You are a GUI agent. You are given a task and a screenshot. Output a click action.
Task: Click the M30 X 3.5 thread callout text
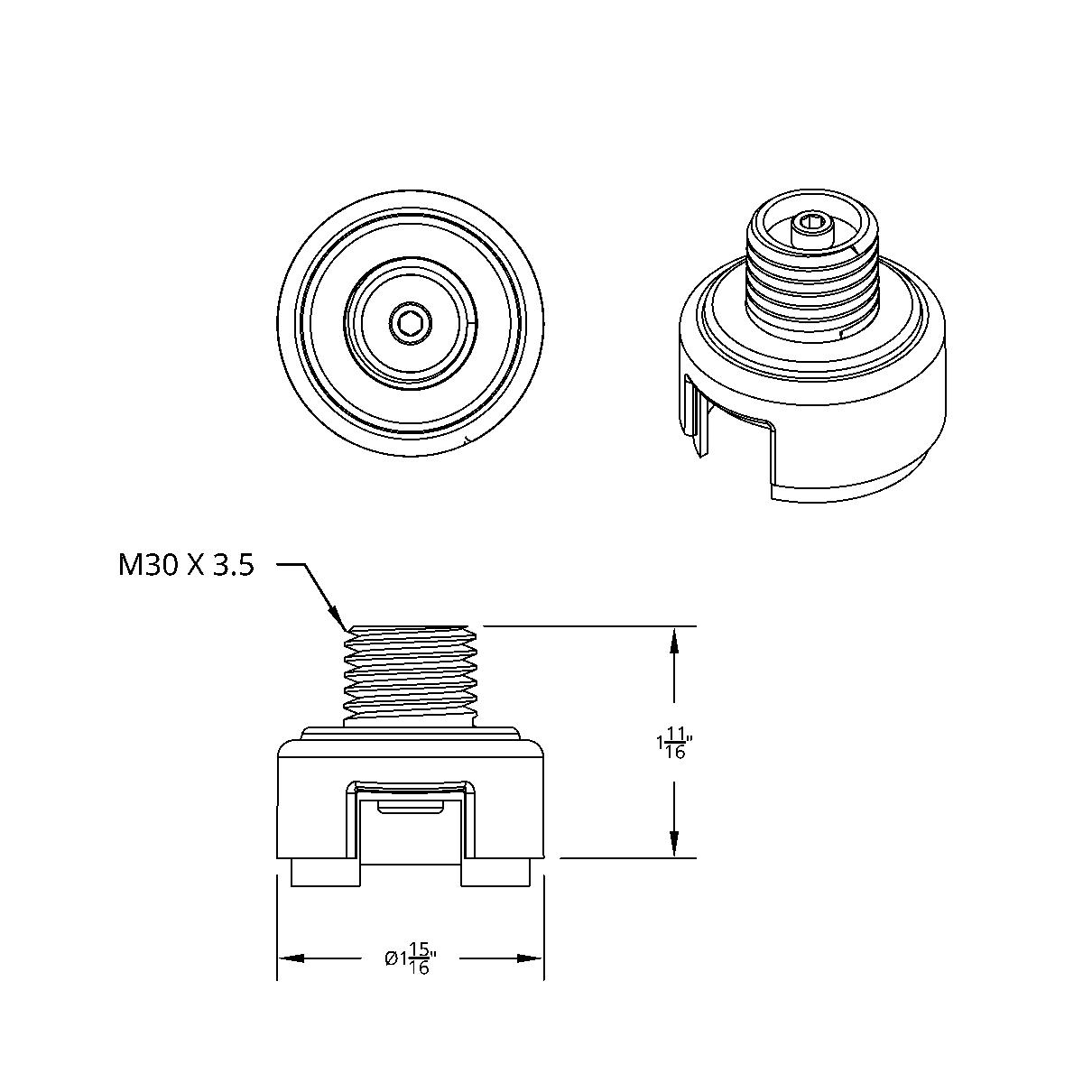tap(186, 566)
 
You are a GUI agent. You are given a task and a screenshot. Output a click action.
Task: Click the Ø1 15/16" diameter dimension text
tap(411, 958)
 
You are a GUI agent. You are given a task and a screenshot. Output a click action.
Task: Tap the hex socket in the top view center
tap(411, 321)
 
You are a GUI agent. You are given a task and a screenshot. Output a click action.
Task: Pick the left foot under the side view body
tap(326, 873)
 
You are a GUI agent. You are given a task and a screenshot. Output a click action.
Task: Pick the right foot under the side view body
tap(495, 873)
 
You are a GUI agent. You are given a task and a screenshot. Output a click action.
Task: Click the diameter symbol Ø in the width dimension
tap(389, 958)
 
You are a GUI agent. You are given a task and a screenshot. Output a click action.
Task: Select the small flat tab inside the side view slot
tap(411, 805)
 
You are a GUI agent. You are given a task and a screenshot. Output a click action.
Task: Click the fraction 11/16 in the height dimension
tap(675, 745)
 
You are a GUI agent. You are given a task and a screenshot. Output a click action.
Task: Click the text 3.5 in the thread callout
tap(233, 566)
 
